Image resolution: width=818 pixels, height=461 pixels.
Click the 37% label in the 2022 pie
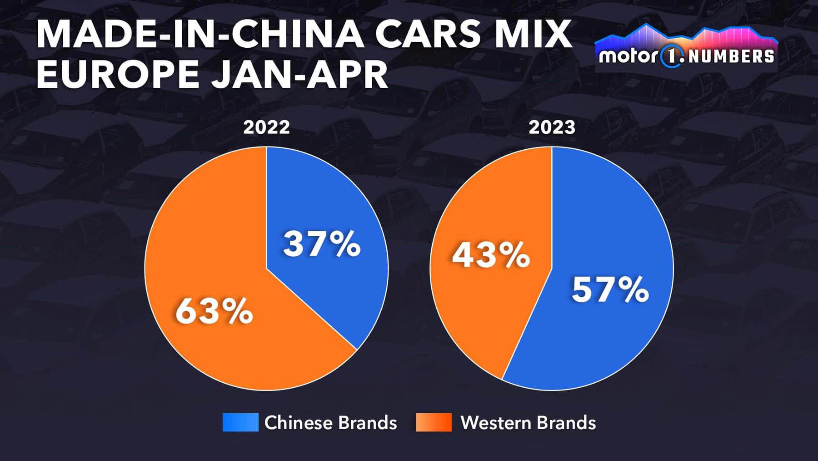(x=322, y=244)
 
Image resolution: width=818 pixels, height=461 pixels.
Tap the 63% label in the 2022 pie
(x=214, y=311)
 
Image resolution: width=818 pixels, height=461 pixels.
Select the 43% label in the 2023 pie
(x=491, y=255)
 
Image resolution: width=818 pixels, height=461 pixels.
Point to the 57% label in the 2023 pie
(x=610, y=289)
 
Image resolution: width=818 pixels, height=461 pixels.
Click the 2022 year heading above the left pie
(x=266, y=127)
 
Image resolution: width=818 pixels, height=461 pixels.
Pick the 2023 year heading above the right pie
(x=552, y=127)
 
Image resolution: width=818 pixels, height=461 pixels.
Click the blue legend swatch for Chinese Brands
(x=240, y=422)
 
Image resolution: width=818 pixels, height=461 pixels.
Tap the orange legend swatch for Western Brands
(x=434, y=422)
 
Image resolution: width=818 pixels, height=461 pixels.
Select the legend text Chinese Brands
(x=330, y=423)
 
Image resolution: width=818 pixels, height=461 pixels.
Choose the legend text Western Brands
(x=528, y=423)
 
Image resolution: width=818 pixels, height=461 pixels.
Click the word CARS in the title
(x=428, y=34)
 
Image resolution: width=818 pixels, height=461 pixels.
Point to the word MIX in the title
(x=533, y=34)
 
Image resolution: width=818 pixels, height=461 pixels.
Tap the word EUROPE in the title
(x=118, y=74)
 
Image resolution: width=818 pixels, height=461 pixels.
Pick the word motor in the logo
(x=628, y=56)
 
